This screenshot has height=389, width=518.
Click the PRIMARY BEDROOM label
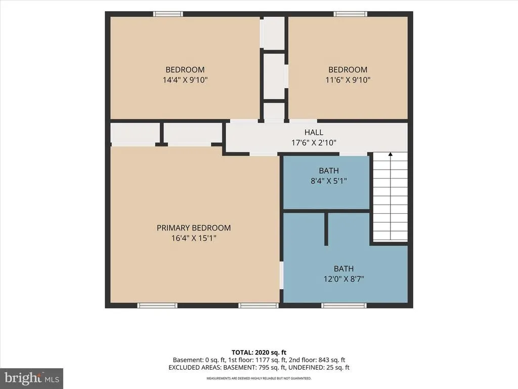[194, 228]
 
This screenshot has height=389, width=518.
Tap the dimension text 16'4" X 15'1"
[194, 238]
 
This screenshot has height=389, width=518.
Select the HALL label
[314, 133]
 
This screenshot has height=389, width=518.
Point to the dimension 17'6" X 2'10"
[314, 143]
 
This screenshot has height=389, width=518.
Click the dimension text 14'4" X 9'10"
[185, 80]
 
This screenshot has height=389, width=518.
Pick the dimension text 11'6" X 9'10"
[348, 80]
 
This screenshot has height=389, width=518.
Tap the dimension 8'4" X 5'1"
[329, 181]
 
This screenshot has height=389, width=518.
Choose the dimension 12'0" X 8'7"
[344, 279]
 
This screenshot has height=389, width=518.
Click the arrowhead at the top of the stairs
[390, 154]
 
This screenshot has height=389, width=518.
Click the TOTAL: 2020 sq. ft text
[259, 353]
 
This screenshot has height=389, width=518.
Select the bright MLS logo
[32, 378]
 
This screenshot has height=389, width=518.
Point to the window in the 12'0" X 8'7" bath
[344, 305]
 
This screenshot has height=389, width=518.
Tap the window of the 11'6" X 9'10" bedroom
[350, 14]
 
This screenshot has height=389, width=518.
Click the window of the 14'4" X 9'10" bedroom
[168, 14]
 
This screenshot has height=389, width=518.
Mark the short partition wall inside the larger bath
[326, 229]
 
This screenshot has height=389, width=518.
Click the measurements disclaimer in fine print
[259, 378]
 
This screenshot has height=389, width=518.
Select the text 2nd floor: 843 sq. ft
[317, 360]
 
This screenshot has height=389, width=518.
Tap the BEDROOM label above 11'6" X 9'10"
[348, 70]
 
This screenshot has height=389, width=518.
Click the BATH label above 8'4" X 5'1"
[329, 171]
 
